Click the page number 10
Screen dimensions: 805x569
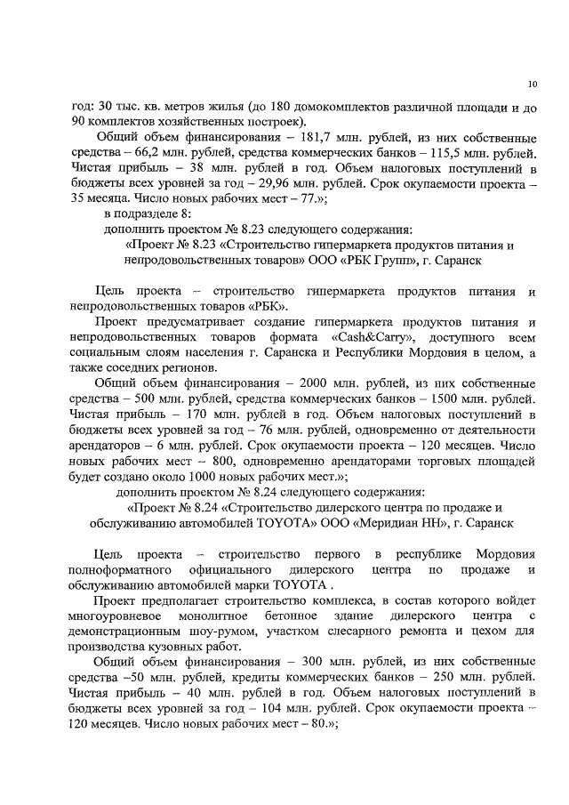click(532, 85)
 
